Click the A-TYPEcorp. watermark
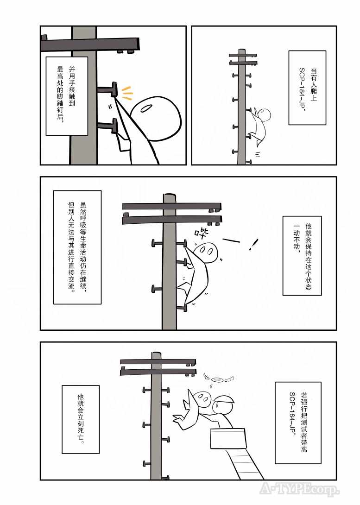pyautogui.click(x=299, y=489)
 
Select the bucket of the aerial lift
pyautogui.click(x=228, y=438)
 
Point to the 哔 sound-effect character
pyautogui.click(x=202, y=234)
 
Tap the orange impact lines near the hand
pyautogui.click(x=127, y=93)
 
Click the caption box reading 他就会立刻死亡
pyautogui.click(x=81, y=419)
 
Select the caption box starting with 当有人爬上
pyautogui.click(x=307, y=88)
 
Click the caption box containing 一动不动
pyautogui.click(x=302, y=256)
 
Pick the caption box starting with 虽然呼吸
pyautogui.click(x=77, y=247)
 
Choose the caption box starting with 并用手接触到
pyautogui.click(x=67, y=96)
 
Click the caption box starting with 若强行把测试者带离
pyautogui.click(x=298, y=423)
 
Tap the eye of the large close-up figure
pyautogui.click(x=147, y=108)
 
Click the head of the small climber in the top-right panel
pyautogui.click(x=264, y=114)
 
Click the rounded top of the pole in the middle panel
pyautogui.click(x=170, y=196)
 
